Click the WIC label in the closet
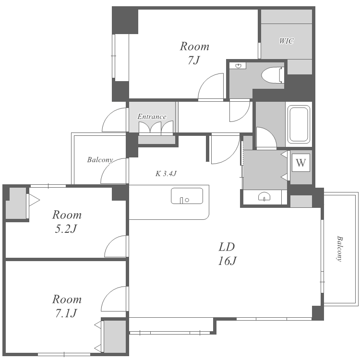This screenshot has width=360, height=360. pyautogui.click(x=286, y=41)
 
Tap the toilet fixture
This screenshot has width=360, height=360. pyautogui.click(x=273, y=75)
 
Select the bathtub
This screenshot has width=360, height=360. pyautogui.click(x=299, y=124)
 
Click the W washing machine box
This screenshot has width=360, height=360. pyautogui.click(x=301, y=163)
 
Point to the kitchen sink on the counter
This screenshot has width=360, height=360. pyautogui.click(x=187, y=196)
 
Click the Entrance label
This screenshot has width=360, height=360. pyautogui.click(x=152, y=117)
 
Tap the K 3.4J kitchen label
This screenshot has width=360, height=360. pyautogui.click(x=166, y=174)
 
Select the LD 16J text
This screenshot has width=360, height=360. pyautogui.click(x=227, y=254)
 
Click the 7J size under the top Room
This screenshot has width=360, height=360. pyautogui.click(x=193, y=60)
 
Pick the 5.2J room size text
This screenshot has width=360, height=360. pyautogui.click(x=66, y=228)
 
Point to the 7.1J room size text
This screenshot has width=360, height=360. pyautogui.click(x=66, y=313)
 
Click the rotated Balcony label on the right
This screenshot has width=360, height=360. pyautogui.click(x=339, y=249)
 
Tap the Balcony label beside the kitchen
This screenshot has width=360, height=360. pyautogui.click(x=100, y=160)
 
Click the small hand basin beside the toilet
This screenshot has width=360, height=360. pyautogui.click(x=239, y=66)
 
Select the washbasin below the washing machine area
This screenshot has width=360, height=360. pyautogui.click(x=264, y=196)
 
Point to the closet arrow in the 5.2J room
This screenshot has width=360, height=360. pyautogui.click(x=34, y=200)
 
